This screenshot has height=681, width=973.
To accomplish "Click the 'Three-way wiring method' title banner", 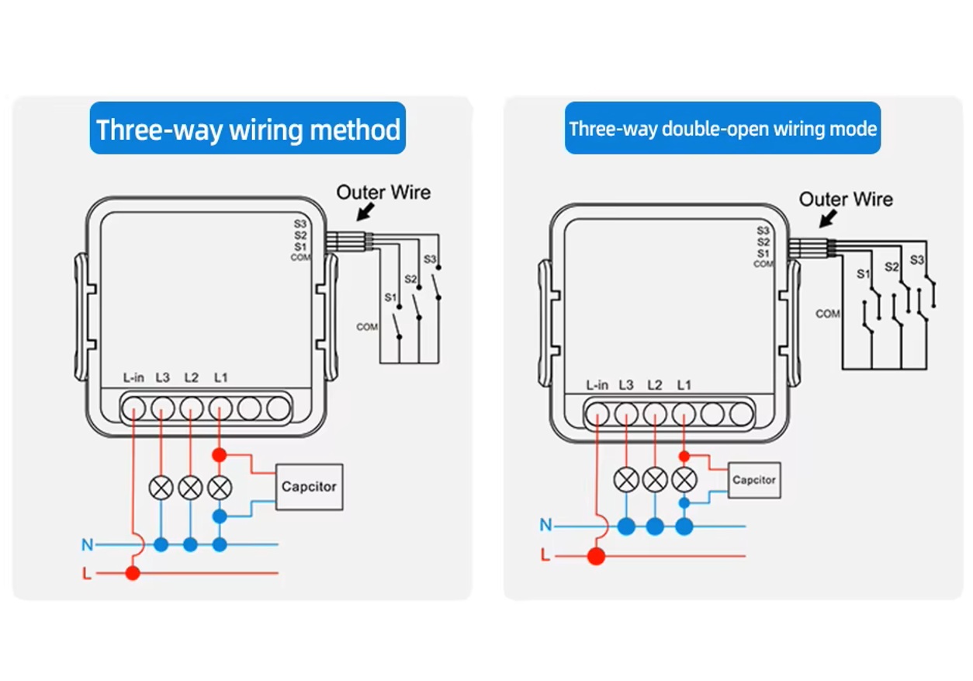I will pos(248,128).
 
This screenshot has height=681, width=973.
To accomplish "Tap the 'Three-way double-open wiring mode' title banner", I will pos(722,128).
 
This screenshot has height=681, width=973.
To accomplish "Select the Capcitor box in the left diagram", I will pos(309,487).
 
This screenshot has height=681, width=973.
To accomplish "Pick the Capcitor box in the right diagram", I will pos(753,480).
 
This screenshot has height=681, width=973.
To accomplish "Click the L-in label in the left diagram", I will pos(133,378).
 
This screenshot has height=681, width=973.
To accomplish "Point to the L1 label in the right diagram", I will pos(684,385).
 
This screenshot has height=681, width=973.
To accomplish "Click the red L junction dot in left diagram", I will pos(133,573).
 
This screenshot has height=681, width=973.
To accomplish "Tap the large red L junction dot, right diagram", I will pos(596,556).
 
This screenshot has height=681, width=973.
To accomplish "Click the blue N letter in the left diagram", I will pos(87,545).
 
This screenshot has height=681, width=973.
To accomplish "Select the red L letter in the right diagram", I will pos(545,556).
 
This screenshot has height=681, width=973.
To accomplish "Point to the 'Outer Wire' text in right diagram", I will pos(846,200).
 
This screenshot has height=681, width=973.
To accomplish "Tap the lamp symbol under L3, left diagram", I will pos(161,488).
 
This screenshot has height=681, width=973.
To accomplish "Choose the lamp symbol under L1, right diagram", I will pos(684,480).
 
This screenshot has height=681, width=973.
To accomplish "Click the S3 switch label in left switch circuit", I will pos(430,259).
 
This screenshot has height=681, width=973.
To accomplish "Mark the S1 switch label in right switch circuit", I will pos(863,273).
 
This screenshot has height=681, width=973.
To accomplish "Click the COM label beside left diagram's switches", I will pos(367,327).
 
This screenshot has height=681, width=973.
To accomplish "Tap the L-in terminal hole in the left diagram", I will pos(133,408).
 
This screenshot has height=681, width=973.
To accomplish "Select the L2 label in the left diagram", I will pos(191,378).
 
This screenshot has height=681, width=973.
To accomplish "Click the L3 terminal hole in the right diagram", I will pos(626,414).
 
